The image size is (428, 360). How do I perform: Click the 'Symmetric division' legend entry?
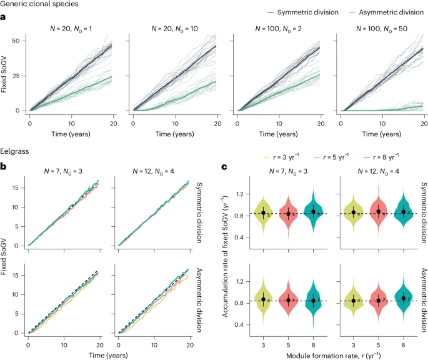[303, 12]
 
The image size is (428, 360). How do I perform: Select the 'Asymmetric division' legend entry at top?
[386, 12]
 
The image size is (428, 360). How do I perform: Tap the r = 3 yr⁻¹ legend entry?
[281, 157]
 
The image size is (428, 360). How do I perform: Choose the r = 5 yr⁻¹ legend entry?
[331, 157]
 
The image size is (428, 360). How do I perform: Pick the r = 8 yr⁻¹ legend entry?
[381, 157]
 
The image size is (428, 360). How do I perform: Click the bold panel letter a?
[2, 17]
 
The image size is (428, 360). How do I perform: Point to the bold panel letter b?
[3, 166]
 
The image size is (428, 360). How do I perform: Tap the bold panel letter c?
[224, 167]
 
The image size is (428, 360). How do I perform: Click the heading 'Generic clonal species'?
[39, 4]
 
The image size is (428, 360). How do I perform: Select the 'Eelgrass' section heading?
[14, 151]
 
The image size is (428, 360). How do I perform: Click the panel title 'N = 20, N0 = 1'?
[71, 29]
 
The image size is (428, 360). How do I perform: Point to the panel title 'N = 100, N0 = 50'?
[382, 29]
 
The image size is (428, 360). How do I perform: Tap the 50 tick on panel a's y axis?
[16, 41]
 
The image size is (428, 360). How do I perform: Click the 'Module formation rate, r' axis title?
[334, 356]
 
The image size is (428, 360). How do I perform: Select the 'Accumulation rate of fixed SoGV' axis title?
[225, 256]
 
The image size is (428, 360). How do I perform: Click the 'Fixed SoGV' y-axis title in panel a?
[4, 74]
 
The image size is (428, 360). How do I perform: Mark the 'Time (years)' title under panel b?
[108, 355]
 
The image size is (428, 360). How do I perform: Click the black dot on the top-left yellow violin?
[263, 213]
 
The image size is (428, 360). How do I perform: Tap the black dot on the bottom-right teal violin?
[404, 298]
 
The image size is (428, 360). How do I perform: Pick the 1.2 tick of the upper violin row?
[239, 194]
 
